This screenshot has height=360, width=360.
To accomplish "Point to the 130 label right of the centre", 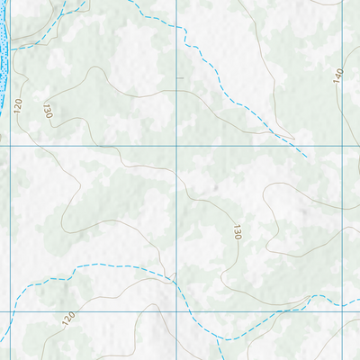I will click(237, 232).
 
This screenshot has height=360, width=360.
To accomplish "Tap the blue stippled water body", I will click(5, 40).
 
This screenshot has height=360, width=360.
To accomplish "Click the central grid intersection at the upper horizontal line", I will click(176, 146).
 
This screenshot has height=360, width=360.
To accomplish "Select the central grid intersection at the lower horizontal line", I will click(176, 311).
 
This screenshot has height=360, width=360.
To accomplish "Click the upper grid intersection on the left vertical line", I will click(10, 146).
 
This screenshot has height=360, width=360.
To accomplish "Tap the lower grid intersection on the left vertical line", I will click(10, 311).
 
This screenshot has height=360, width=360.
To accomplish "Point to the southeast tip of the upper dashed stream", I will click(307, 157).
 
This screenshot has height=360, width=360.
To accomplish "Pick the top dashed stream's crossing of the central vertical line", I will click(176, 27).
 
